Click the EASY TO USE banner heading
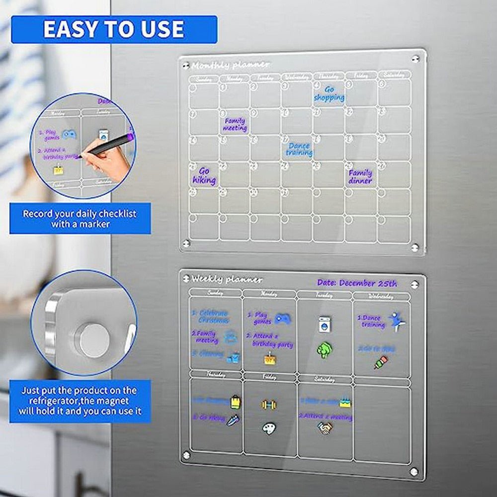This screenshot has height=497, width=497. tap(114, 29)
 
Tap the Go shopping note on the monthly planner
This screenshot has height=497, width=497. tap(329, 93)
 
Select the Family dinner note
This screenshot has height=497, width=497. tap(360, 176)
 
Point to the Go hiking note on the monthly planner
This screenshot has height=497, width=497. tap(204, 176)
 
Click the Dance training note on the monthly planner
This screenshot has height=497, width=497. tap(299, 149)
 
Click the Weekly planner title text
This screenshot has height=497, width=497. tap(227, 279)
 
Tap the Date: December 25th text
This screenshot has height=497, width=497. tap(357, 283)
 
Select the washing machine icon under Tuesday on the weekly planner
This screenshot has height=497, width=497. tap(325, 324)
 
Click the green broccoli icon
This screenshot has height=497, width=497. tap(324, 349)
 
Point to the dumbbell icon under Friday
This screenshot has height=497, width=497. tap(268, 405)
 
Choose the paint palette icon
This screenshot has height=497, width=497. tap(268, 428)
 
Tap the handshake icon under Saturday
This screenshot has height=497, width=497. tap(326, 427)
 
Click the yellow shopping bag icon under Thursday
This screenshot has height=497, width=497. tap(236, 402)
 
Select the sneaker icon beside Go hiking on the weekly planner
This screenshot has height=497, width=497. tap(233, 420)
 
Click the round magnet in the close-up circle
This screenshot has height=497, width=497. tap(94, 340)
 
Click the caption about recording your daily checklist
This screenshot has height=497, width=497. tap(80, 219)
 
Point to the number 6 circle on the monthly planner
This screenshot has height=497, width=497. tap(381, 84)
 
